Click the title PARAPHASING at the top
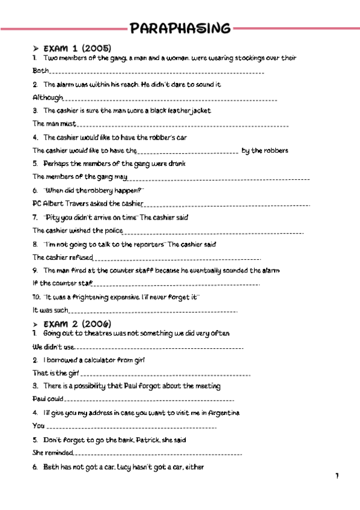coord(180,28)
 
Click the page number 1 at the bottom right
coord(337,476)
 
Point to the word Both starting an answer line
coord(40,71)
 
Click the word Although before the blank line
coord(47,97)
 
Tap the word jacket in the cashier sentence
coord(199,111)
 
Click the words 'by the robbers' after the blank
coord(264,150)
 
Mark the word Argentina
coord(223,413)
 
